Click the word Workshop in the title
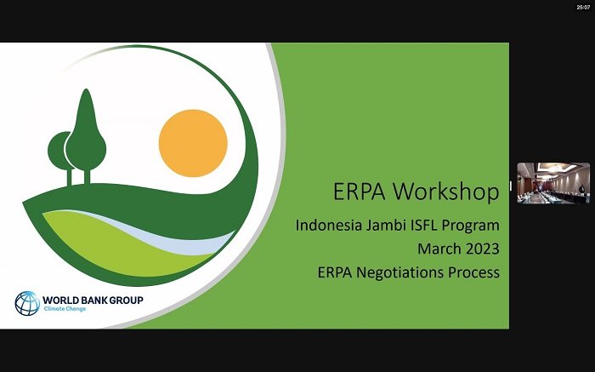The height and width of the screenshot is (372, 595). point(446,192)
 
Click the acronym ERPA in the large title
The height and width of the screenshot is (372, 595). point(359,192)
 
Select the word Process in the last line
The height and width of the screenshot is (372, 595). point(474,272)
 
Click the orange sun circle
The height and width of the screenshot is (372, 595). point(193,143)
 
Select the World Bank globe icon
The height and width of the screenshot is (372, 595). point(27,303)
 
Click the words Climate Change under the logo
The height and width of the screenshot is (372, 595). point(65,309)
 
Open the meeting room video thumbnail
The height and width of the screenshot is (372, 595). point(553,183)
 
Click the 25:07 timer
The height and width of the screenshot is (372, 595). point(583,7)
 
